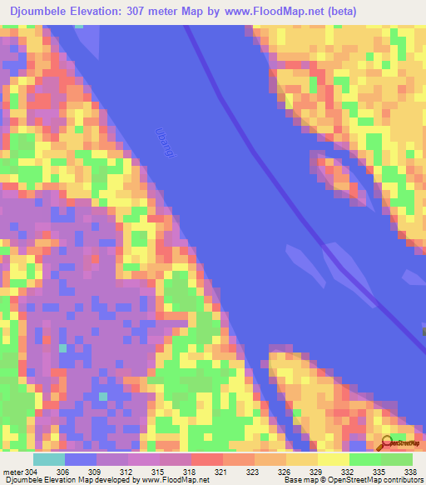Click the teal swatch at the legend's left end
coord(48,459)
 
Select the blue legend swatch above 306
coord(81,459)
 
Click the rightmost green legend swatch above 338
coord(397,459)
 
